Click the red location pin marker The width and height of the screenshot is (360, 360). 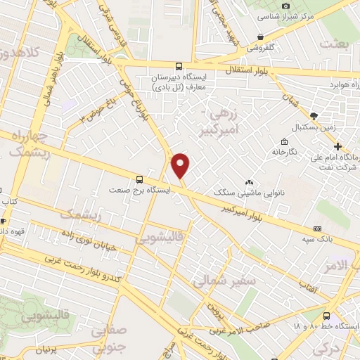tap(181, 165)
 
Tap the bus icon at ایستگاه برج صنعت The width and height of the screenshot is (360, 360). tap(139, 179)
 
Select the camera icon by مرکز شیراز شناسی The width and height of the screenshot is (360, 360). tap(285, 6)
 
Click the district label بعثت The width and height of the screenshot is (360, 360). tap(335, 44)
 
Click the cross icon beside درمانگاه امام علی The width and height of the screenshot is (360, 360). tap(339, 147)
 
